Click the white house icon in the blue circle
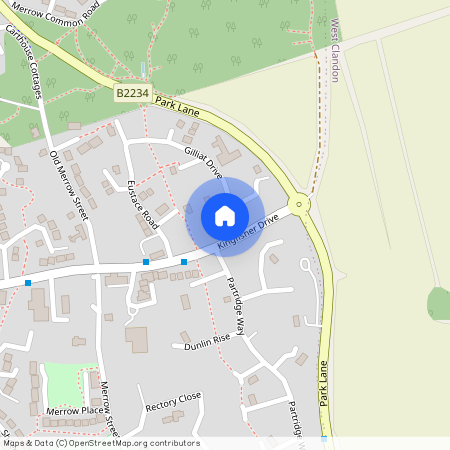(225, 215)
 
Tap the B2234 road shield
(131, 93)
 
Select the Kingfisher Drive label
(247, 233)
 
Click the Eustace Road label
(143, 204)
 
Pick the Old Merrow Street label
(69, 184)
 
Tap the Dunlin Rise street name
(207, 343)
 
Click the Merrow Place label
(76, 411)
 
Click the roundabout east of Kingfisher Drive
(301, 204)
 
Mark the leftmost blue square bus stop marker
(28, 283)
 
